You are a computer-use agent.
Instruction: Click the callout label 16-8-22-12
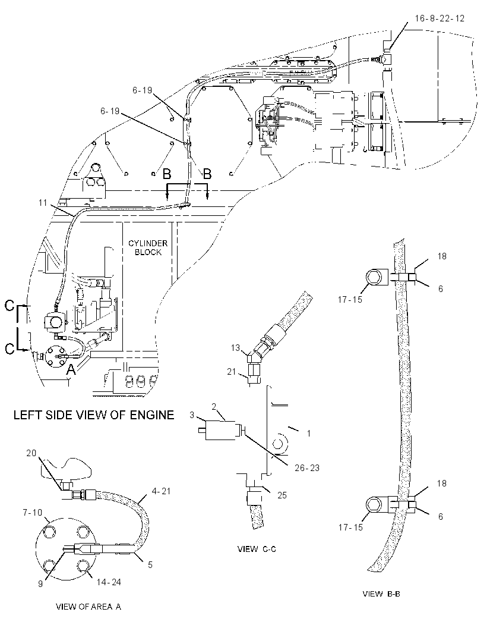439,18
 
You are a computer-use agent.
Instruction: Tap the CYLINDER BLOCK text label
148,248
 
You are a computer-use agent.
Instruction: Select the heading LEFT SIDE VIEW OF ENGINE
94,415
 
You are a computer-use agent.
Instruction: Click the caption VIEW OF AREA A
88,607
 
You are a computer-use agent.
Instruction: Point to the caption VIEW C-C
257,549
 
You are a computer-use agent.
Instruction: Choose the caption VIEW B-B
381,594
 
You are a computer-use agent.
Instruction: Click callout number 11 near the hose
43,203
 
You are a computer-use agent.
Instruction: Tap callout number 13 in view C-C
235,348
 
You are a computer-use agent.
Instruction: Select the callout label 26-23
307,468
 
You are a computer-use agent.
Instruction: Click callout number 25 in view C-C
282,495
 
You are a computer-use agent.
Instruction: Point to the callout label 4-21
161,491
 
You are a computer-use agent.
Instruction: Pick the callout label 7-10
32,513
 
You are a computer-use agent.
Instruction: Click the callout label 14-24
109,582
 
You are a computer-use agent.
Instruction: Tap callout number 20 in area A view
31,453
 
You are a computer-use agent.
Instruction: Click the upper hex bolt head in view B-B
374,277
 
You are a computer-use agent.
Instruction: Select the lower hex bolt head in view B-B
374,506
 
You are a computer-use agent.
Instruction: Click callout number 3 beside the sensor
192,415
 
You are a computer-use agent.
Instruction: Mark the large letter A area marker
71,369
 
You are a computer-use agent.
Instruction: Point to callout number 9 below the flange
40,584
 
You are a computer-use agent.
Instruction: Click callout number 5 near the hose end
150,564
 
